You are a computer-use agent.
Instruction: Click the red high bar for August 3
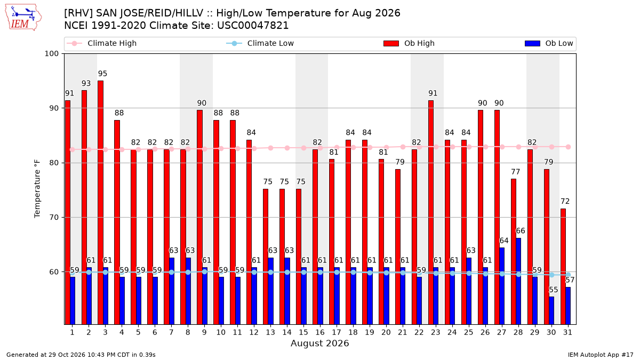101,203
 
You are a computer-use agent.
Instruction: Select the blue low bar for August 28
518,282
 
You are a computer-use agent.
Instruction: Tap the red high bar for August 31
563,267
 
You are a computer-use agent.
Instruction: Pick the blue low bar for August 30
551,311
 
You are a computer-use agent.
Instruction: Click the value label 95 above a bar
102,74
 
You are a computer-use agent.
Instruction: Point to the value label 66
521,231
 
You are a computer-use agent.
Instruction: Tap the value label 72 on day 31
565,202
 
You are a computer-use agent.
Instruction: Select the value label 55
554,290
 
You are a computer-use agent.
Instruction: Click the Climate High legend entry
101,43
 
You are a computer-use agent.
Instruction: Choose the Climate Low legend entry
260,43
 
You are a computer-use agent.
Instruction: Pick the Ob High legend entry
409,43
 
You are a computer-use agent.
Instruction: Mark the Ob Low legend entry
549,43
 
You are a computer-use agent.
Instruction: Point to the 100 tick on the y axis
51,54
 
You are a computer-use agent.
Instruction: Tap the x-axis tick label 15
303,332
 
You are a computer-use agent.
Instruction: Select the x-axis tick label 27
502,332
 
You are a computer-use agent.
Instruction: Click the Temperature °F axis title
37,189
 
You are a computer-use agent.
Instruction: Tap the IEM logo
23,18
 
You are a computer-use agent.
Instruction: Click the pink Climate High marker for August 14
287,148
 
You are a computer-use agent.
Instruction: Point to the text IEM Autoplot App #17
601,355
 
